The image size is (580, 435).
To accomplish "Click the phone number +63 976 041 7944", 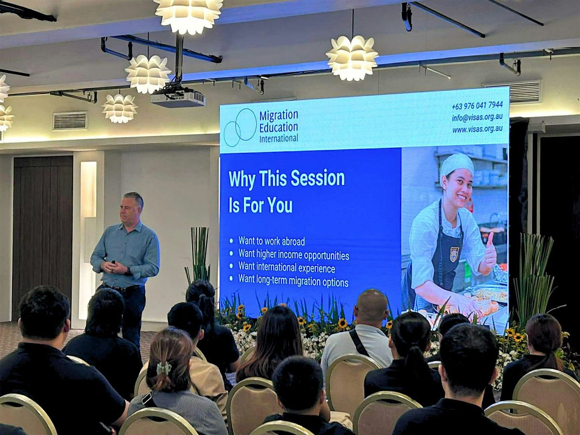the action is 477,105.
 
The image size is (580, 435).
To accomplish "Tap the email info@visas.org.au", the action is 477,117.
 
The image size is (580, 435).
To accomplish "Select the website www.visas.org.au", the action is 477,129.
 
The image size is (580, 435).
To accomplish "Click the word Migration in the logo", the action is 279,116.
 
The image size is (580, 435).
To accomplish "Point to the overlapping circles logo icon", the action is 240,128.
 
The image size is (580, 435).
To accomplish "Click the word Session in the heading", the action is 318,178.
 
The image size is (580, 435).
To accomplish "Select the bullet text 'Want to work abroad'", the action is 271,241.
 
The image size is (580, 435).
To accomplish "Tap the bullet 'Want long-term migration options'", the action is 293,281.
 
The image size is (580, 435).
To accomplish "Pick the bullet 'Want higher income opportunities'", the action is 293,255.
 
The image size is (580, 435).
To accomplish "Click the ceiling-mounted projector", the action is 178,98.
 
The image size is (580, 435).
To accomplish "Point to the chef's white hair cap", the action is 456,166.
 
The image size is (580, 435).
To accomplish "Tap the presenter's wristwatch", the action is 129,271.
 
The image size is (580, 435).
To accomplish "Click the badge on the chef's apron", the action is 454,254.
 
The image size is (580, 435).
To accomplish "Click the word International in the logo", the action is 278,138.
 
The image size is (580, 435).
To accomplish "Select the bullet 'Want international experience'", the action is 287,268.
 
